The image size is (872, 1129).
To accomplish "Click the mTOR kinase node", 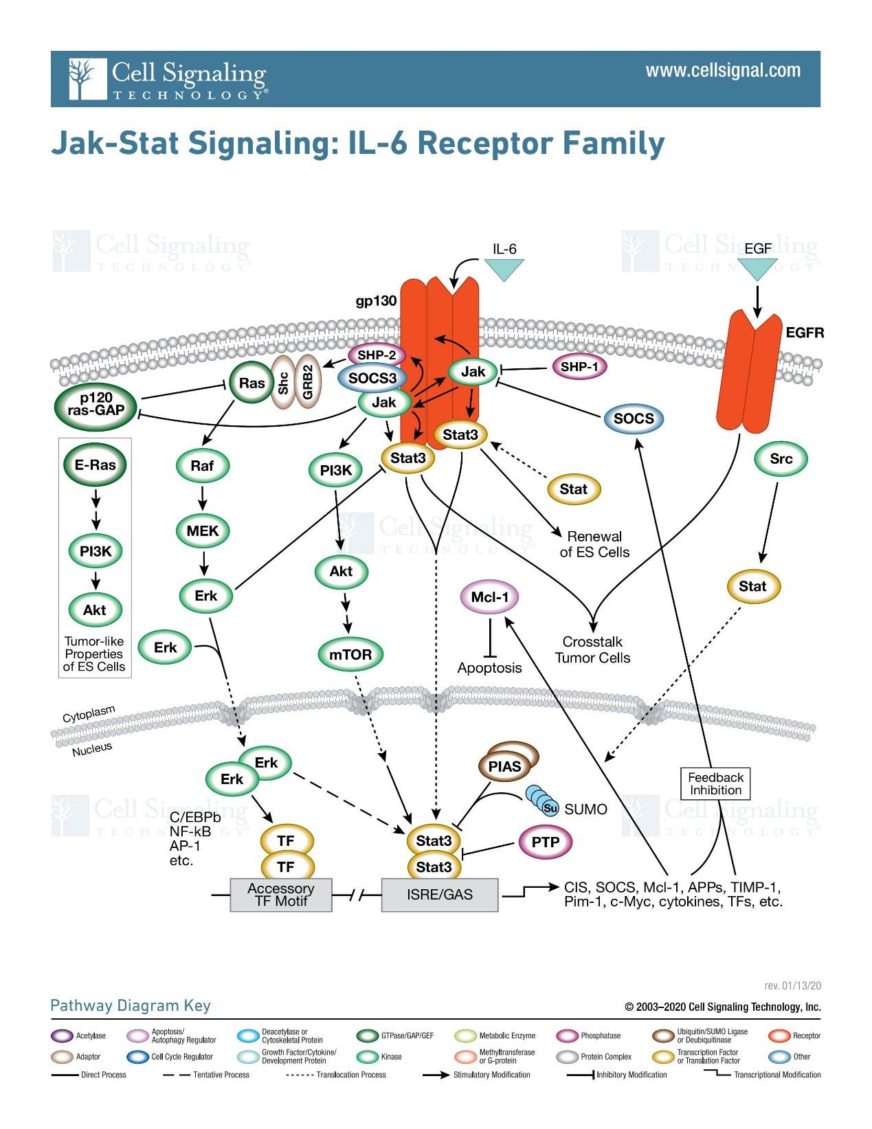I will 350,654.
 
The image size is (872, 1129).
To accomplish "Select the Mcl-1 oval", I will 489,597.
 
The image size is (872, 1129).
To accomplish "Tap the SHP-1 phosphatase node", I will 579,367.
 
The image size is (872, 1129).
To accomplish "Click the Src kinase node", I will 781,459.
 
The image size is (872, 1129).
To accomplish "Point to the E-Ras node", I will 95,465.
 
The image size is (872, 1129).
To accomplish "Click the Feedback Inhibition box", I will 715,783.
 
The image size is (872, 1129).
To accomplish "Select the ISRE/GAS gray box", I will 439,895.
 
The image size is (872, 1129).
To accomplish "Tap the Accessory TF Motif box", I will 280,895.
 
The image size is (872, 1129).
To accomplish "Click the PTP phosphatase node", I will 545,842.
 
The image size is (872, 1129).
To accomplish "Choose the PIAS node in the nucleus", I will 505,766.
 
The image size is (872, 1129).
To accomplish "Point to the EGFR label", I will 805,333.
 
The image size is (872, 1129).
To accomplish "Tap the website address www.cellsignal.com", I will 723,71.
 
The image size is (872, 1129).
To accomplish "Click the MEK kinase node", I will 203,530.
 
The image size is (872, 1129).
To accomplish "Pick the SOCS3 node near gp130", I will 372,378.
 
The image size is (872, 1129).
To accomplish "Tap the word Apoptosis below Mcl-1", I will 489,668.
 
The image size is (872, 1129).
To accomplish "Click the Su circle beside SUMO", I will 550,808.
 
